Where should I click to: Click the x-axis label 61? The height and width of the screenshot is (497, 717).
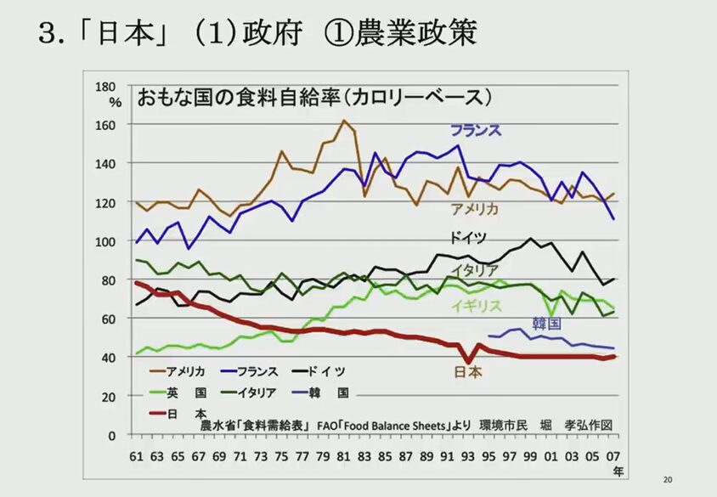click(136, 456)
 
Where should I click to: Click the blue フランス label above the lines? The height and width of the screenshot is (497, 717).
click(476, 130)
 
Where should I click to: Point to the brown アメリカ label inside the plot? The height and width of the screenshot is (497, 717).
click(474, 209)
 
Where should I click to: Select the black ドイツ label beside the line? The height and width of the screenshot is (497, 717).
click(468, 239)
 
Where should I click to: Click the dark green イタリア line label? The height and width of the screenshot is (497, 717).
click(475, 270)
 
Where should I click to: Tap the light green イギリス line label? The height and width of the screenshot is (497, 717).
click(477, 306)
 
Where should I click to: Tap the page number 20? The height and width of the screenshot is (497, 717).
click(668, 480)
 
